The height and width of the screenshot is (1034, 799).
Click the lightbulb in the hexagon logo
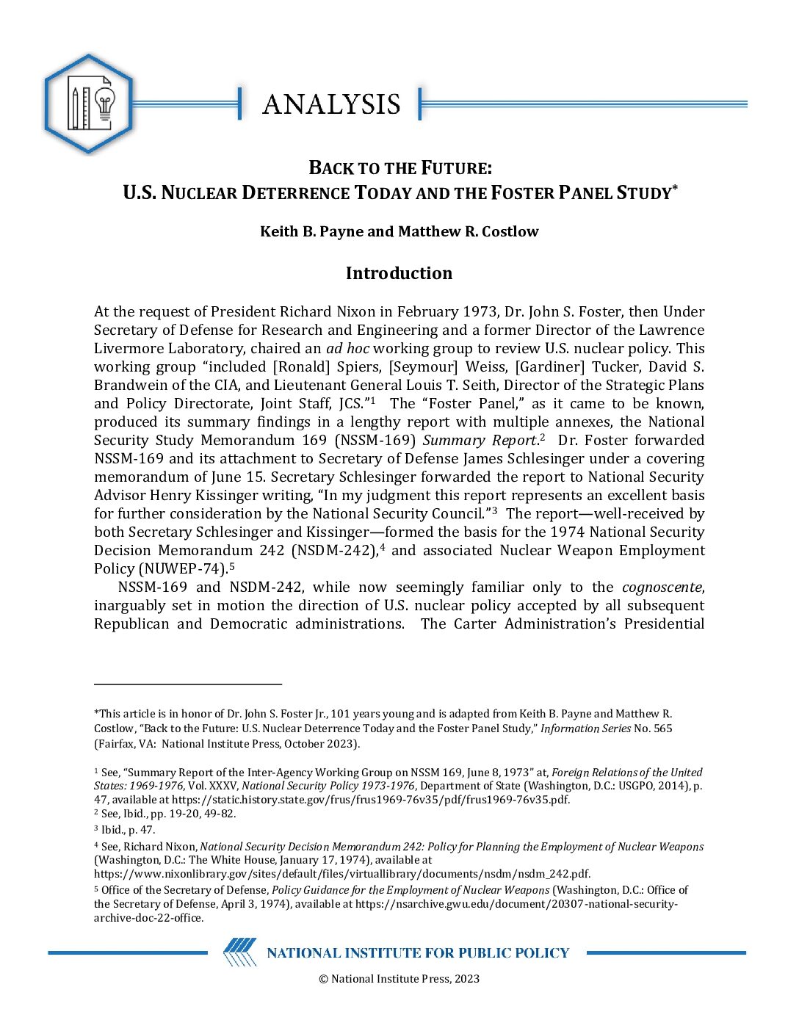point(105,106)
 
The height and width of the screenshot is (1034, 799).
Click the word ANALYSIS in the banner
point(331,104)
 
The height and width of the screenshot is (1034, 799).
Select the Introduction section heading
point(399,273)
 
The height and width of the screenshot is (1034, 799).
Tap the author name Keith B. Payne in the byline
point(311,231)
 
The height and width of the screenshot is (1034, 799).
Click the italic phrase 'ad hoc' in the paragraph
point(347,348)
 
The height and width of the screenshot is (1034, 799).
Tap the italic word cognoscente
point(662,587)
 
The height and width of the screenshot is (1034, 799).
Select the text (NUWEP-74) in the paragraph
point(183,568)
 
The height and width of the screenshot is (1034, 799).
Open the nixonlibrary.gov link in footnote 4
point(342,873)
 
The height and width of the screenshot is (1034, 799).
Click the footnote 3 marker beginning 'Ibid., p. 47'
point(96,830)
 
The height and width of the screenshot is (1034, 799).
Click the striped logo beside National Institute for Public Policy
point(240,952)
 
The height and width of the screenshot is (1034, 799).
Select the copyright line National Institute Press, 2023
point(399,978)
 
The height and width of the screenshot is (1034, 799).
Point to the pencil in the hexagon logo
point(74,109)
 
